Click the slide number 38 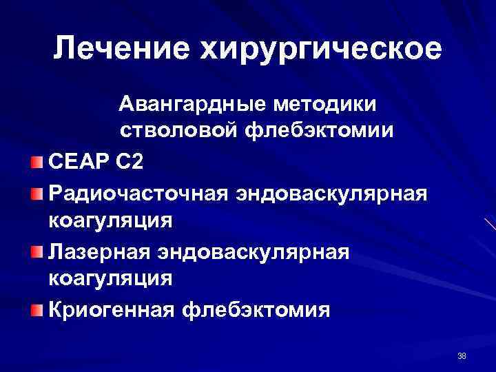pos(461,356)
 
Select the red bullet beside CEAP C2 pos(36,163)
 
